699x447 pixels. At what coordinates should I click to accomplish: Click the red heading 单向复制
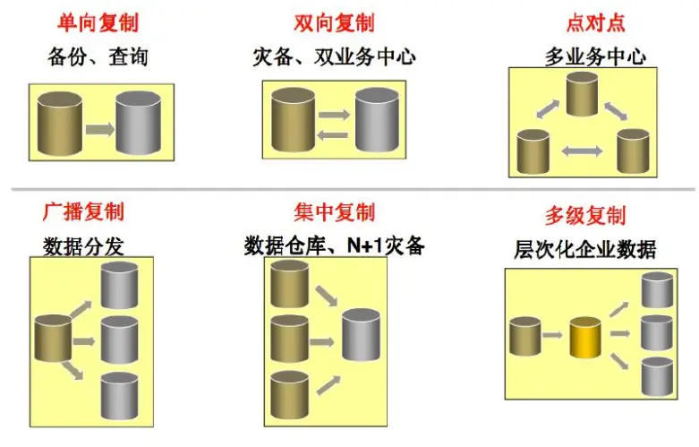pos(98,22)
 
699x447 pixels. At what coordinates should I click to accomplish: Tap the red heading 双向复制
pos(334,22)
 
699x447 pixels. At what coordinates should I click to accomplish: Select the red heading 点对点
pos(595,22)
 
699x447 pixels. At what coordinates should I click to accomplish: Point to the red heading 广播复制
pos(83,212)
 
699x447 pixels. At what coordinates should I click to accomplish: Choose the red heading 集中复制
pos(334,212)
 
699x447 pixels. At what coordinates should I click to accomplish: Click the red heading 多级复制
pos(585,216)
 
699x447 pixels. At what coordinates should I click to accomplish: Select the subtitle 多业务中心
pos(595,58)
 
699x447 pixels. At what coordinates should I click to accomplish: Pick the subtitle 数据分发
pos(83,245)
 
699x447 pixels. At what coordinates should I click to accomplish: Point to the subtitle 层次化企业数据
pos(585,249)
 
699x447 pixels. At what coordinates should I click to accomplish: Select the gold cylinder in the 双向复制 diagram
pos(294,120)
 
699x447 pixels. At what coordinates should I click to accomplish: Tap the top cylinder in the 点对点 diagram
pos(582,94)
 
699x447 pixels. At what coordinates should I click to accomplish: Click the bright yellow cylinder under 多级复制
pos(584,337)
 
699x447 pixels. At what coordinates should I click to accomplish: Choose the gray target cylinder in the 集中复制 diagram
pos(362,335)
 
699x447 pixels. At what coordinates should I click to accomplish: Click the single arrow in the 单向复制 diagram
pos(99,130)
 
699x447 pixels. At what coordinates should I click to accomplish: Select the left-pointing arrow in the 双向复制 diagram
pos(333,134)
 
